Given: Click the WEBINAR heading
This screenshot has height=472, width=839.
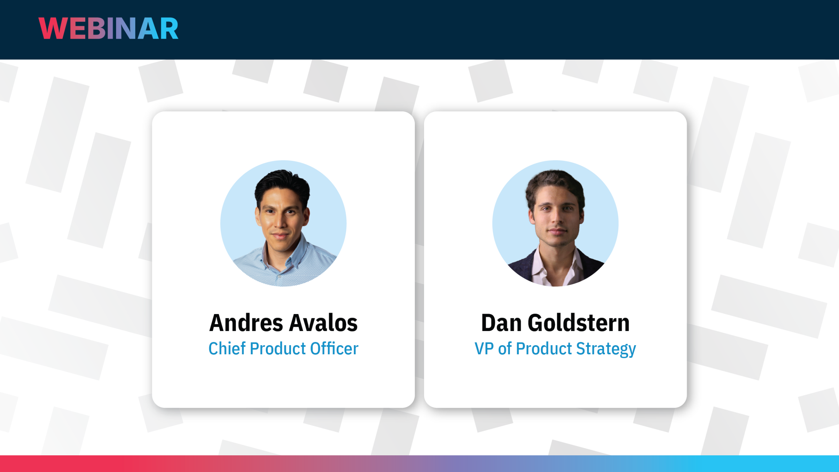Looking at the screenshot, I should click(108, 29).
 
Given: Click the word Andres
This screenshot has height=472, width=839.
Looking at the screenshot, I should click(246, 323).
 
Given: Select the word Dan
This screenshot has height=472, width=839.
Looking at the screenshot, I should click(501, 323).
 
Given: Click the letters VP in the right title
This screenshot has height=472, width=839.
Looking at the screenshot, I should click(484, 348).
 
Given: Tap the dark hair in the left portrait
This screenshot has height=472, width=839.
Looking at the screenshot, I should click(282, 182).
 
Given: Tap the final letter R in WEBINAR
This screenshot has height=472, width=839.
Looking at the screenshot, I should click(169, 29).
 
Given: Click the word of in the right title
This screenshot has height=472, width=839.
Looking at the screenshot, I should click(505, 348).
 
